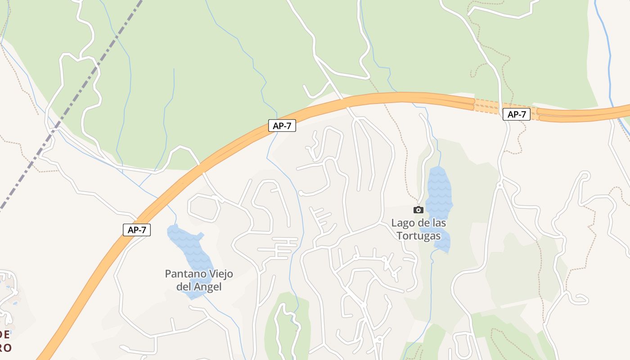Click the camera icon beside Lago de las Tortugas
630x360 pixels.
pos(418,210)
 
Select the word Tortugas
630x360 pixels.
pos(418,235)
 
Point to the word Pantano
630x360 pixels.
pos(179,274)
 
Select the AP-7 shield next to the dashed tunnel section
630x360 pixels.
pos(516,114)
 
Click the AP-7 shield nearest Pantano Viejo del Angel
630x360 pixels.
pos(137,230)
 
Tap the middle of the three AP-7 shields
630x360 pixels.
pos(282,126)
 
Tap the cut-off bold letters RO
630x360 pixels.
pos(5,347)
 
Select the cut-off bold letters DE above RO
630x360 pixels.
pos(4,334)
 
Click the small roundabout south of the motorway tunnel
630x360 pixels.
pos(499,184)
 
